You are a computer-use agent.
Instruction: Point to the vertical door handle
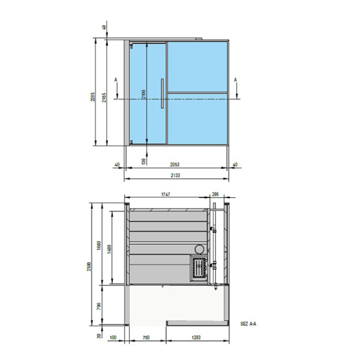(x=162, y=94)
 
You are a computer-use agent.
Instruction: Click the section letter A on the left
(x=115, y=79)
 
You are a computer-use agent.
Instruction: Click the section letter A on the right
(x=236, y=79)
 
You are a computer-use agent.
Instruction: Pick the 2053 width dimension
(x=175, y=164)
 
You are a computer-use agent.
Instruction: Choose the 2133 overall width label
(x=175, y=175)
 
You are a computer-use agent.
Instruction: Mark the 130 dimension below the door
(x=143, y=161)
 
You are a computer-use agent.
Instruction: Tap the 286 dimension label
(x=215, y=194)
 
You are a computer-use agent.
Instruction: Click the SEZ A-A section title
(x=248, y=322)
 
